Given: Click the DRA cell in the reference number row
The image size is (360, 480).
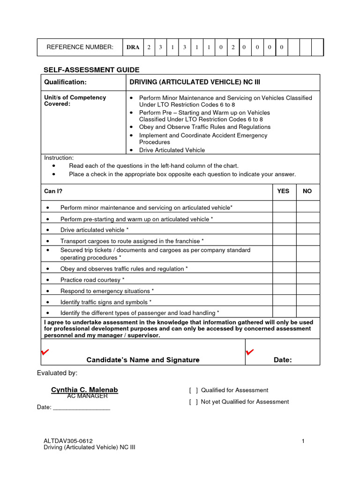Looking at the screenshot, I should [x=133, y=47].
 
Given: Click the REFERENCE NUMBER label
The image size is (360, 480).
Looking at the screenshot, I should [x=80, y=47].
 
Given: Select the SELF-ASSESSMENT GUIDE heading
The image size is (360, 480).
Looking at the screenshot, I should [x=91, y=70].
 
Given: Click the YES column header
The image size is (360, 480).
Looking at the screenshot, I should [x=284, y=191].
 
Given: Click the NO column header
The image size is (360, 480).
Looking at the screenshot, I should [x=307, y=191].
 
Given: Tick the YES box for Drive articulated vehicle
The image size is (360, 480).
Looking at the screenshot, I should [x=284, y=230].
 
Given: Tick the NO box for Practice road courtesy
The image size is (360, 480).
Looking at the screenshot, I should [x=308, y=280].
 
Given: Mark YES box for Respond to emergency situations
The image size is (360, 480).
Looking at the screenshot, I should [x=284, y=291].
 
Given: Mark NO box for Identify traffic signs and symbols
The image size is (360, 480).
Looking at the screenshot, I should [x=308, y=302].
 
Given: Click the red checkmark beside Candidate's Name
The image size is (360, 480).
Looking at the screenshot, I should [x=45, y=352].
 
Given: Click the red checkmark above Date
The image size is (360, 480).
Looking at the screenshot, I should [x=249, y=352].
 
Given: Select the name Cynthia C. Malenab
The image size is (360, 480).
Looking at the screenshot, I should [x=84, y=390].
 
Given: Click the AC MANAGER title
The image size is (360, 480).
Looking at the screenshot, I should [x=88, y=396].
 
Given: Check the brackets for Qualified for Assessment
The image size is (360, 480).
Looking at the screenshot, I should [x=193, y=390].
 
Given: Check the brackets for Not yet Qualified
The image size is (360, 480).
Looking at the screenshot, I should [x=193, y=402].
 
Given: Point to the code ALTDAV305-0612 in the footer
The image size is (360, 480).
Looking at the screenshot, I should [x=68, y=441].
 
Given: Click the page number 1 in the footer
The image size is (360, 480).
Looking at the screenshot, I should [x=303, y=441].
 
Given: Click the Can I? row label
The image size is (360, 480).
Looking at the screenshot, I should [x=53, y=191].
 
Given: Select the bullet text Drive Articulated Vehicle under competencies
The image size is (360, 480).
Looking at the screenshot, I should [x=172, y=150].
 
